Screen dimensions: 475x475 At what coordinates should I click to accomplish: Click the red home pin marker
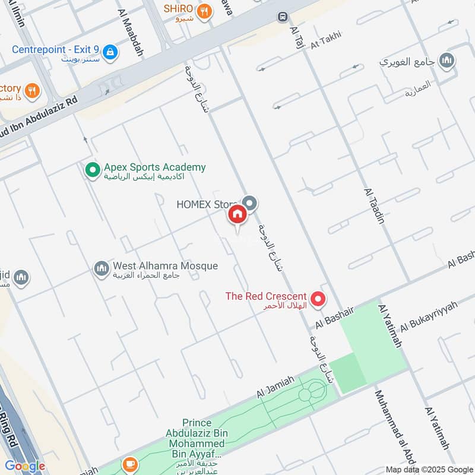click(237, 215)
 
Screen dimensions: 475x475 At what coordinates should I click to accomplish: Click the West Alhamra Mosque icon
click(102, 270)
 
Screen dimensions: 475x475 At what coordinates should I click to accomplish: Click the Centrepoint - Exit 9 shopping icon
click(110, 53)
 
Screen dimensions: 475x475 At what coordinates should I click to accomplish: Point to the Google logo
click(24, 466)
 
